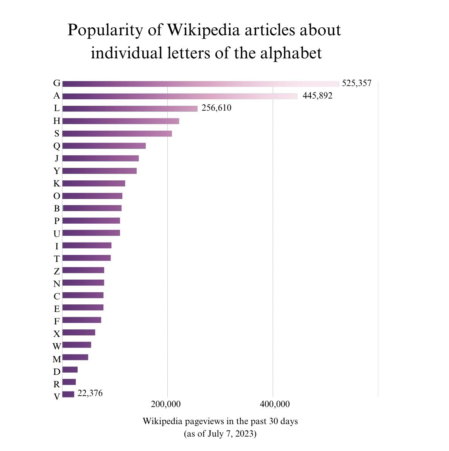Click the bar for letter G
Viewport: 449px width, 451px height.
(201, 84)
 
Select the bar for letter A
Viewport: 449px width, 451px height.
(180, 96)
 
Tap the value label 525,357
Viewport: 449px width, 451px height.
(357, 83)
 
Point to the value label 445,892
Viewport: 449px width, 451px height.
(317, 96)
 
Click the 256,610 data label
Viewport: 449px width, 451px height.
(216, 108)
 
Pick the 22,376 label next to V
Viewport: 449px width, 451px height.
(90, 393)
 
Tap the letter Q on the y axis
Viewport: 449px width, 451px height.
(56, 146)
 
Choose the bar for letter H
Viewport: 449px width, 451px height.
(120, 121)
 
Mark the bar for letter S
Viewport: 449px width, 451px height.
(117, 134)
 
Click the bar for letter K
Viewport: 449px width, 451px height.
(94, 183)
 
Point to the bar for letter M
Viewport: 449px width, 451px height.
(75, 357)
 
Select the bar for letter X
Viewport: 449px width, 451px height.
(79, 332)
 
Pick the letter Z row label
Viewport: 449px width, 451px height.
(56, 271)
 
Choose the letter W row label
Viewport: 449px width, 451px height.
(56, 346)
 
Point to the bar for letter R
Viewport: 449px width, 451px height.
(69, 382)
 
